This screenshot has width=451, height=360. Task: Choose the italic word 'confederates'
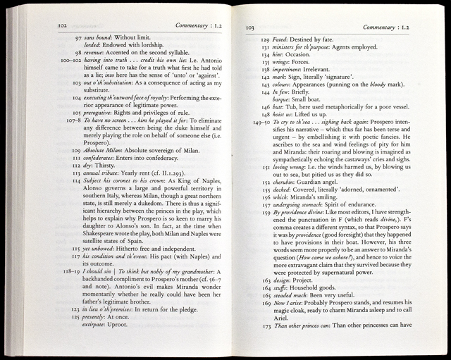(x=108, y=160)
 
